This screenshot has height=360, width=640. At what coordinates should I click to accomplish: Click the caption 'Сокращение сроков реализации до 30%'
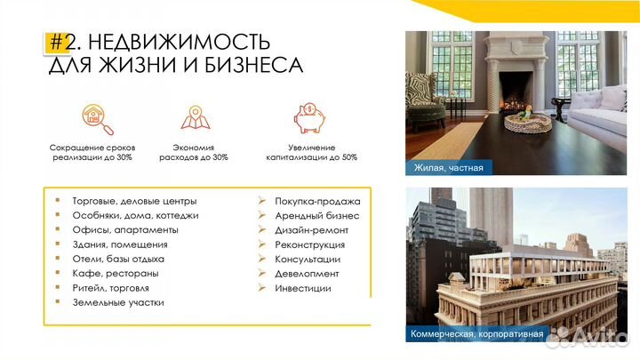point(92,151)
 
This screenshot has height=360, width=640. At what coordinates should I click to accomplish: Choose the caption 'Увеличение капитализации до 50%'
point(311,151)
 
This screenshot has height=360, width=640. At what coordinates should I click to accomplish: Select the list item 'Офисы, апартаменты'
point(124,229)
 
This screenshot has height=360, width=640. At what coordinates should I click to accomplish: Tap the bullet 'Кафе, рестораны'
point(116,273)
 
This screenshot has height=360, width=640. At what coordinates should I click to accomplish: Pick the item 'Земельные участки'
point(118,302)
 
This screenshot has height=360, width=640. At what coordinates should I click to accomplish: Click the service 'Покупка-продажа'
point(316,201)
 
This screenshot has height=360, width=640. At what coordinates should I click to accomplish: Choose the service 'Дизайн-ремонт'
point(311,229)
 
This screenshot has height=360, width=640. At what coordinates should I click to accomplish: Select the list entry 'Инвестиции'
point(302,288)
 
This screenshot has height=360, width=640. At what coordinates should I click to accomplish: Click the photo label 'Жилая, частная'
point(449,167)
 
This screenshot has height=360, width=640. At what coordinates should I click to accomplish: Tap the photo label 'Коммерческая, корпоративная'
point(476,335)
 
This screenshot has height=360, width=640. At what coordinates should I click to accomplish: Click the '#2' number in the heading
point(61,42)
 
